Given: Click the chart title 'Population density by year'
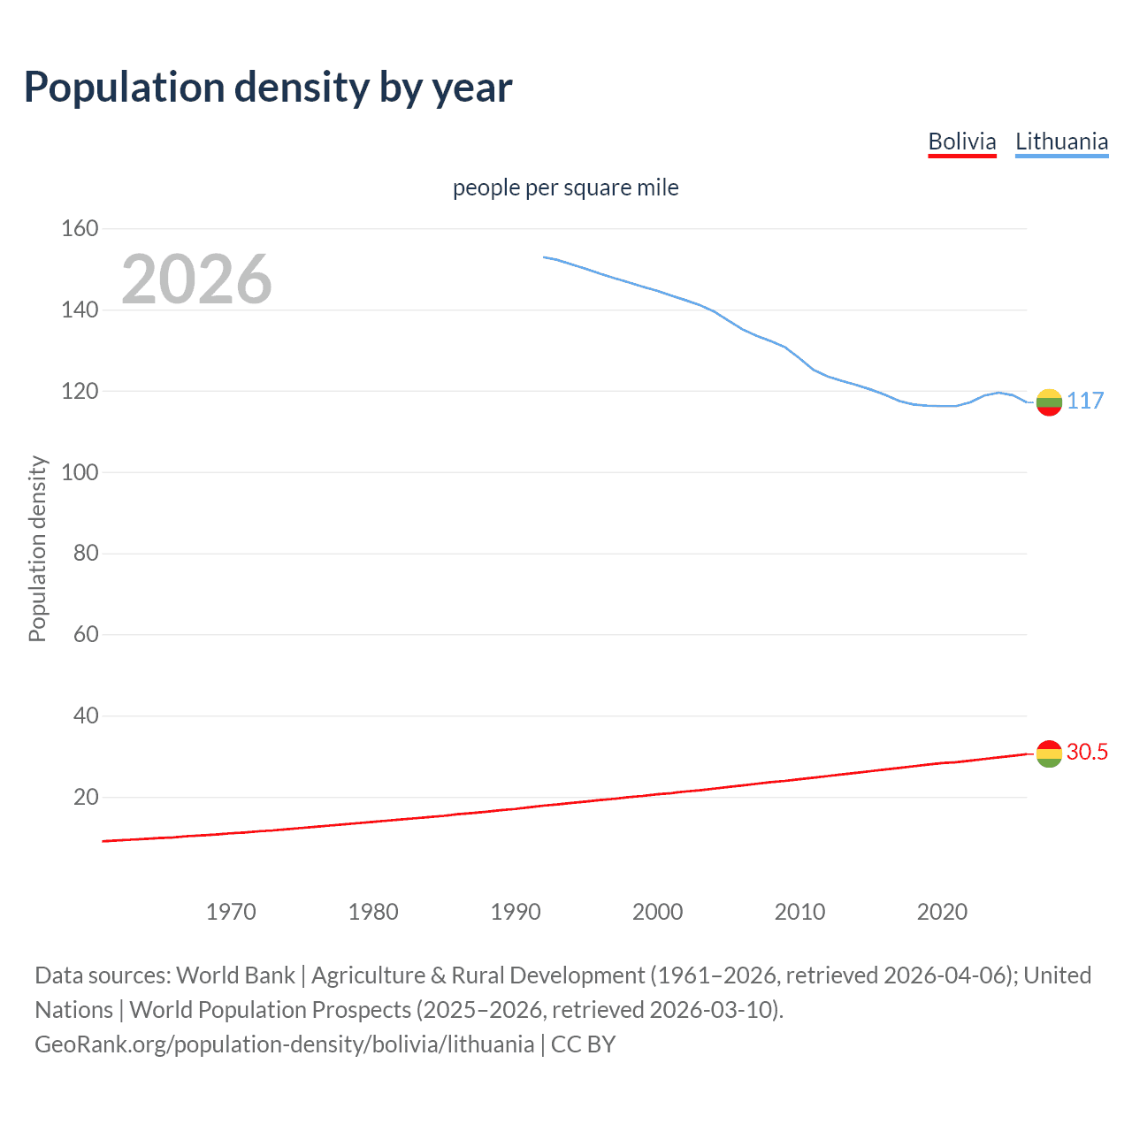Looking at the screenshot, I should tap(268, 88).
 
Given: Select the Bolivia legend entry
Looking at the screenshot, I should tap(962, 141).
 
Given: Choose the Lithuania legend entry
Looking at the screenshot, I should tap(1061, 141).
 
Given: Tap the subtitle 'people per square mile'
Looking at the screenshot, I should tap(566, 187).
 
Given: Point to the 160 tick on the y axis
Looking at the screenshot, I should tap(80, 229).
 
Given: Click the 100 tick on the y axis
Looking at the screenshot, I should tap(80, 472).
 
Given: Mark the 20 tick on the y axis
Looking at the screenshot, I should tap(86, 797).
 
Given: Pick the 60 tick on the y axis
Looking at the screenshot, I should tap(86, 634).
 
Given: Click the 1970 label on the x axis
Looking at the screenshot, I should tap(231, 912).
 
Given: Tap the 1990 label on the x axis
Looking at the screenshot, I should tap(516, 912).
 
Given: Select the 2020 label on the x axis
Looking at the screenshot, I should tap(942, 912).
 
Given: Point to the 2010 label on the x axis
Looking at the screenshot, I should tap(799, 912).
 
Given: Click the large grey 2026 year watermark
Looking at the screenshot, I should tap(196, 279).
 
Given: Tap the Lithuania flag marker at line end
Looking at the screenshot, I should tap(1049, 402).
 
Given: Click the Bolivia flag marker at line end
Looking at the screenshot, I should tap(1049, 753).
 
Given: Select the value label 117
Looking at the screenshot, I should tap(1085, 402).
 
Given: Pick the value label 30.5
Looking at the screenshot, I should tap(1087, 752).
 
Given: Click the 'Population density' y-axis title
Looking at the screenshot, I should tap(37, 548).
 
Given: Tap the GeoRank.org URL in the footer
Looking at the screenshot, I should tap(284, 1044).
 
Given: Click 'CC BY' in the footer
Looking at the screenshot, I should tap(583, 1044).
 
